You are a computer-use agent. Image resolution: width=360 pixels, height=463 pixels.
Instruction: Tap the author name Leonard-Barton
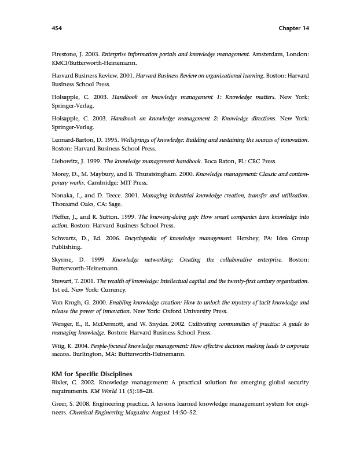pos(72,141)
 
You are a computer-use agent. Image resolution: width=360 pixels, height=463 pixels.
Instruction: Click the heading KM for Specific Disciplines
pos(92,373)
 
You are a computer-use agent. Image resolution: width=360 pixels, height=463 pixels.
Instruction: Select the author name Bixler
pos(61,383)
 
